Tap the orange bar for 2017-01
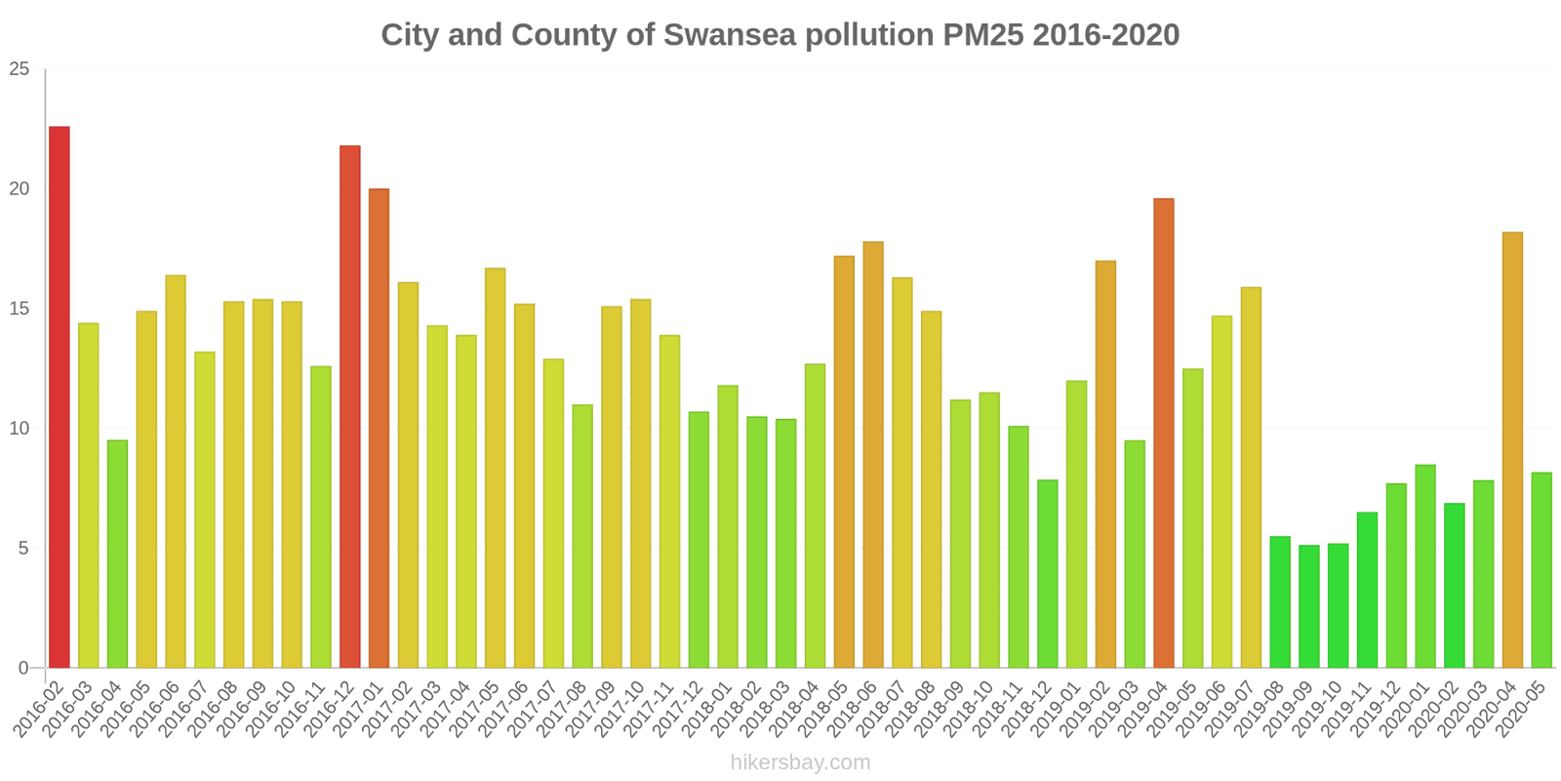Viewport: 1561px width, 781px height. tap(379, 429)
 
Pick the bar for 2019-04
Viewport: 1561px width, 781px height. tap(1164, 433)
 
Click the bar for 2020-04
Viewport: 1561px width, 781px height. tap(1512, 450)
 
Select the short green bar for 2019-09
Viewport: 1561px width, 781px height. tap(1309, 606)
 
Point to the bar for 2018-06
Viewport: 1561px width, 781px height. tap(873, 455)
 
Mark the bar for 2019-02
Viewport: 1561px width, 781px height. tap(1105, 465)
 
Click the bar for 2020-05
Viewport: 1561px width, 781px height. tap(1541, 570)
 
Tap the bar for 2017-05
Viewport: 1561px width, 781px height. tap(496, 468)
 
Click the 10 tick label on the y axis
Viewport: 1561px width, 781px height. tap(20, 429)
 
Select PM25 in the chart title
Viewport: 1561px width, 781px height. tap(982, 35)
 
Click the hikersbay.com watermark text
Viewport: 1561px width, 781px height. tap(800, 762)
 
